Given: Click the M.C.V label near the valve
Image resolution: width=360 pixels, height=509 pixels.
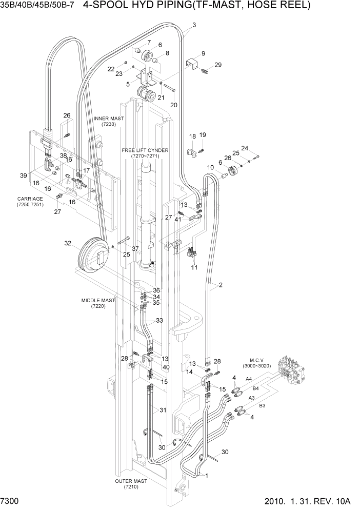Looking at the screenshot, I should coord(256,359).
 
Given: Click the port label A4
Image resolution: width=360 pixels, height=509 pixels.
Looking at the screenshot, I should coord(249,379).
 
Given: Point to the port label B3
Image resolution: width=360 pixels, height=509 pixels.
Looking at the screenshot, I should coord(262,406).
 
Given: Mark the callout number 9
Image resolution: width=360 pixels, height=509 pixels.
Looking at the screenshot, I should coord(203,53).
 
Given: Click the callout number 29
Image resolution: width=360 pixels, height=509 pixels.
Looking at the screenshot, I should coord(218,65).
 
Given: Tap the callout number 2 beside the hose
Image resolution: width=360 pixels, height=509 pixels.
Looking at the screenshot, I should coord(221,285).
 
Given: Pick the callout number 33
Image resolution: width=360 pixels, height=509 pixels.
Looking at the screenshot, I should coord(159,321).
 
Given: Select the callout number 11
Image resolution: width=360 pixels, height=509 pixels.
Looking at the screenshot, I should coord(194,267).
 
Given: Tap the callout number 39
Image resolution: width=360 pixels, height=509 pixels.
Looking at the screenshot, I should coord(24,176).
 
